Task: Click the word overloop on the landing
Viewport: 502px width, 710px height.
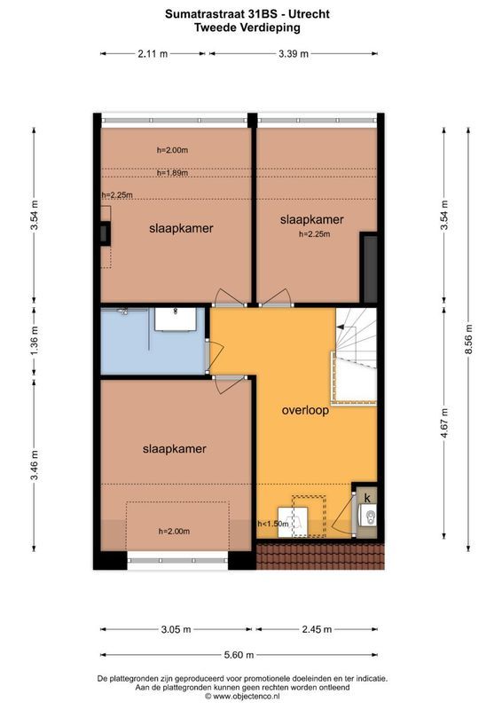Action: pyautogui.click(x=306, y=411)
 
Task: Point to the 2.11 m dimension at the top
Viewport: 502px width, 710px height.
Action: pyautogui.click(x=152, y=53)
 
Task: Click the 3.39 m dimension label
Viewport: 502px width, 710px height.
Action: pyautogui.click(x=293, y=53)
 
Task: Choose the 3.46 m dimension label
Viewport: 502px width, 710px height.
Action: pyautogui.click(x=34, y=466)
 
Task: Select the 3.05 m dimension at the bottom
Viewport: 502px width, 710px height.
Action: pyautogui.click(x=175, y=629)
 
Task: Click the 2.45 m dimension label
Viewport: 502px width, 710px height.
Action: pyautogui.click(x=315, y=629)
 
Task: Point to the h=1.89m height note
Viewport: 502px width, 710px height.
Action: pyautogui.click(x=172, y=173)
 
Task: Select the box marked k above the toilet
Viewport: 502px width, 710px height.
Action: pyautogui.click(x=367, y=495)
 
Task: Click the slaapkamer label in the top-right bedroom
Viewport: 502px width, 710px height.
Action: pyautogui.click(x=311, y=219)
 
